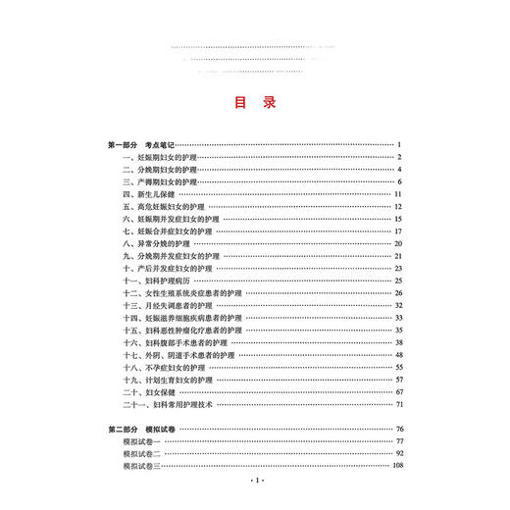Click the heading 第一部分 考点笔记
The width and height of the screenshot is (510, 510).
tap(141, 144)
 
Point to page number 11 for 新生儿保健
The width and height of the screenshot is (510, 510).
tap(400, 194)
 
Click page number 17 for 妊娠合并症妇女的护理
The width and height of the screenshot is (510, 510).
tap(400, 231)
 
